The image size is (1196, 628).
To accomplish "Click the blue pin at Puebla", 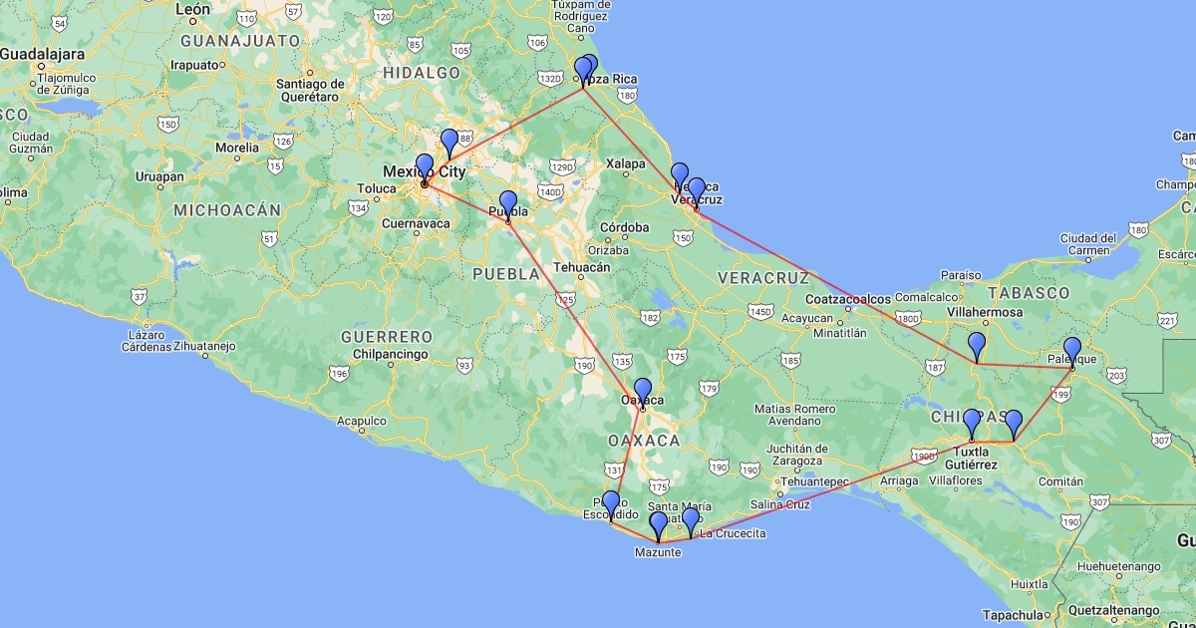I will pos(508,204).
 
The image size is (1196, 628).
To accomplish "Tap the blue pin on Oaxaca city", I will pos(642,391).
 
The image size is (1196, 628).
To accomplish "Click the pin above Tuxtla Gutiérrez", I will pos(972,423).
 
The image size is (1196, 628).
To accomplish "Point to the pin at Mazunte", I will pos(658,524).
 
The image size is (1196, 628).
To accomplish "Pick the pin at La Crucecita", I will pos(690,520).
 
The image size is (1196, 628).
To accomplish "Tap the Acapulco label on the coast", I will pos(362,421).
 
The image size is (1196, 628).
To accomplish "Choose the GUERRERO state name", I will pos(387,337).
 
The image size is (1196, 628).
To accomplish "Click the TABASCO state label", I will pos(1029,293).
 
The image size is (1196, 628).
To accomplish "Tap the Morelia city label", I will pos(237,148).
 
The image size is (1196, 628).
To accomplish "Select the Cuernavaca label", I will pos(417,224).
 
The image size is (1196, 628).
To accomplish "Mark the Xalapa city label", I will pos(625,163).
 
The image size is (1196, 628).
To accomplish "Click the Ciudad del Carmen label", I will pos(1088,244).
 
